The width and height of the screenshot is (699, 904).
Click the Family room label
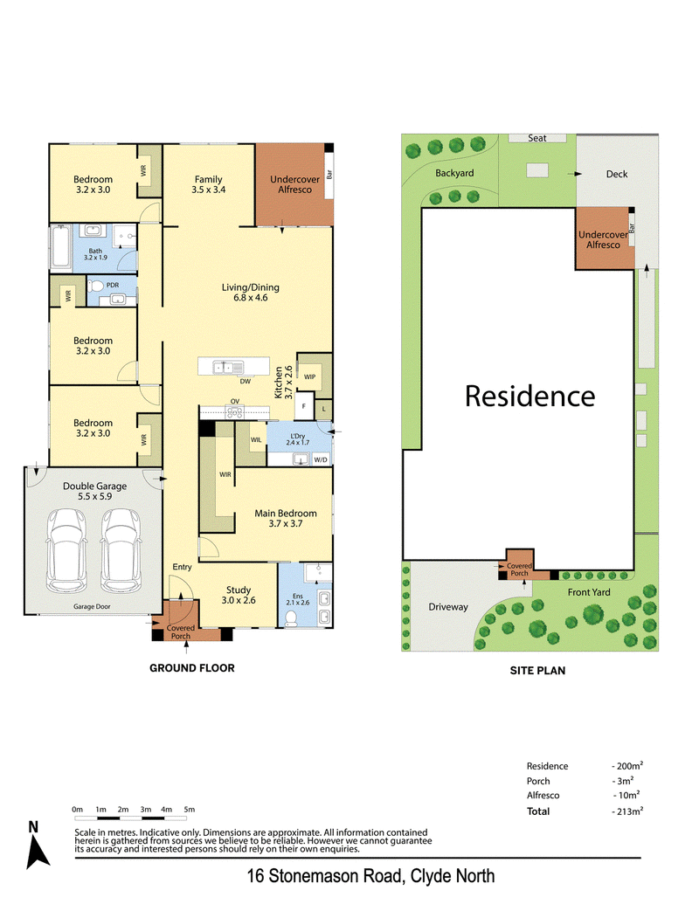208,179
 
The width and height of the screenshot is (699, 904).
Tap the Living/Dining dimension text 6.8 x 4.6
250,298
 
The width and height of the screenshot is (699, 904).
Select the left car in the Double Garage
67,550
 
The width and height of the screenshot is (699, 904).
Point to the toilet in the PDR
96,286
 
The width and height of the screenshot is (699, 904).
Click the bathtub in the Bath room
60,247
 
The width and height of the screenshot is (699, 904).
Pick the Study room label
239,590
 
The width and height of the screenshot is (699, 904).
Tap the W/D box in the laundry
321,459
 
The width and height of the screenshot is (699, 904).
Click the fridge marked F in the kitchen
304,406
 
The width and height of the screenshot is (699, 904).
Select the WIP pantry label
309,377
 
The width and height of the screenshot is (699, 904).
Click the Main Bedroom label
286,513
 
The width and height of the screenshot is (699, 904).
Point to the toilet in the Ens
291,618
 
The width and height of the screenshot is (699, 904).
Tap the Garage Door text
92,606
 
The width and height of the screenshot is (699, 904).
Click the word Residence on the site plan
530,397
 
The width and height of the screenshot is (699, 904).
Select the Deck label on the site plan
617,174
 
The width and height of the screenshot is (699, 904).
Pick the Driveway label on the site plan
448,607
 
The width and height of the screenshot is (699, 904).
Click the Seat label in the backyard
537,138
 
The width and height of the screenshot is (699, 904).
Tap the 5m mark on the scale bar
190,810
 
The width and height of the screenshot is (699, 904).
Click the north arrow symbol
38,852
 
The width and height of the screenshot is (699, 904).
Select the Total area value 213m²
628,811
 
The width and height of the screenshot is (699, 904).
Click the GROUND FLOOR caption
192,668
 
